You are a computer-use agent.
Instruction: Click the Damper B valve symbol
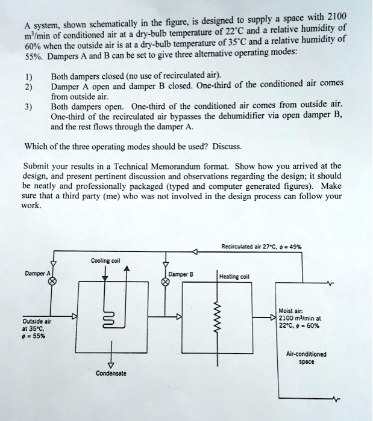[166, 281]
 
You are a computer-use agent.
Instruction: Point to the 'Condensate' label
[111, 373]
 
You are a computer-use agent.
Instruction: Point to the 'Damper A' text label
[36, 273]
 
